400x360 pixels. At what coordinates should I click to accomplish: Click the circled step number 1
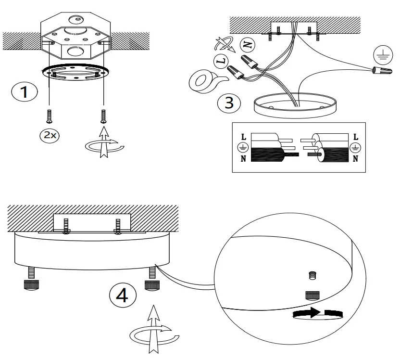tap(25, 92)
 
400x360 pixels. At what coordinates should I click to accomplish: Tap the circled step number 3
tap(229, 103)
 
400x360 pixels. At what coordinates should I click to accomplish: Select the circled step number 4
tap(123, 296)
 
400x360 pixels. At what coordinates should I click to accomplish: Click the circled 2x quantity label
tap(50, 135)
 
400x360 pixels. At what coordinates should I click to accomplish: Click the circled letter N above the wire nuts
tap(248, 45)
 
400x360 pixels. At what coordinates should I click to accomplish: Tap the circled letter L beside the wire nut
tap(221, 61)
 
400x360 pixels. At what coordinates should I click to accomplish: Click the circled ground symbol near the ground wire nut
tap(383, 55)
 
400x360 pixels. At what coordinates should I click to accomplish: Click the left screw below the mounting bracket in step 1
tap(50, 116)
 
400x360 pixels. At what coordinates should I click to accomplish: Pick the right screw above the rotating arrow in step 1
tap(103, 116)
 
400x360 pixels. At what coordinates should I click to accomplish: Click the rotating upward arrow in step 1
tap(104, 142)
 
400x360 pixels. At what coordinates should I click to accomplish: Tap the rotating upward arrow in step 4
tap(153, 329)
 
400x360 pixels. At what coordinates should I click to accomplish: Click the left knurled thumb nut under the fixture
tap(31, 284)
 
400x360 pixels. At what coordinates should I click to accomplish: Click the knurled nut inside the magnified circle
tap(312, 296)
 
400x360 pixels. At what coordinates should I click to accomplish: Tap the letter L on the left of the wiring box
tap(244, 137)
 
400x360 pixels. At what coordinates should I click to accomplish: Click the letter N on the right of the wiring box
tap(355, 159)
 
